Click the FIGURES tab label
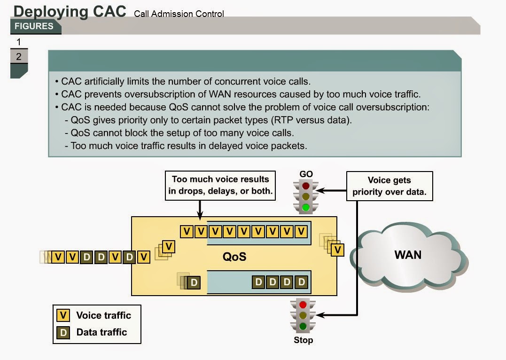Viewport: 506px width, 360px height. coord(34,26)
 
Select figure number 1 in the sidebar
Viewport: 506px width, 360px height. coord(19,42)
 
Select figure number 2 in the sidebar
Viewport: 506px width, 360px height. coord(19,57)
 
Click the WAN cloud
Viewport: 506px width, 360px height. coord(407,256)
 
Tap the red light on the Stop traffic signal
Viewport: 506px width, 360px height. coord(303,305)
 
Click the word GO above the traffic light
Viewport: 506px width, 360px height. coord(306,174)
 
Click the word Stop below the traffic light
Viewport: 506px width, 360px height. coord(303,340)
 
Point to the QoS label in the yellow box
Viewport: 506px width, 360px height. coord(234,257)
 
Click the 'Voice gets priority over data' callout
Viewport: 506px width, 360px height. coord(389,186)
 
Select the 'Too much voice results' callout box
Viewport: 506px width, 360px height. coord(220,185)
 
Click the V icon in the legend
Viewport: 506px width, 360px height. coord(63,315)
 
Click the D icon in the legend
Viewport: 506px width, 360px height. coord(63,332)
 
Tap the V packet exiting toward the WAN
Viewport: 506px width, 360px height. coord(337,250)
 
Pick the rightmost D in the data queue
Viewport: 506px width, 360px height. coord(302,282)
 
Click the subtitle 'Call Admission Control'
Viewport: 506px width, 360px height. coord(179,14)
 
